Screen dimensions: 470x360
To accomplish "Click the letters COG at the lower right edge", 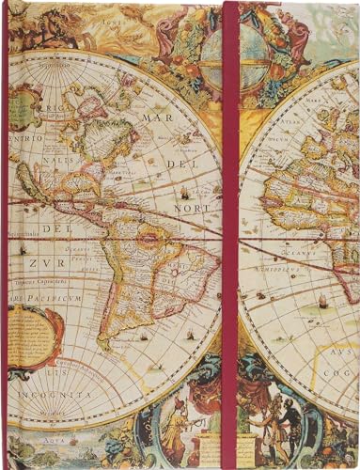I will tap(344, 368).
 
